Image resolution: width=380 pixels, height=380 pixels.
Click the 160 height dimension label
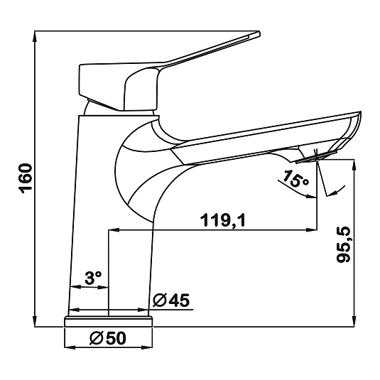click(27, 178)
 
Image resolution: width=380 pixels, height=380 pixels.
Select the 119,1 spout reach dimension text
click(223, 219)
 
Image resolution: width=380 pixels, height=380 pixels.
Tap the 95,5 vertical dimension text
click(344, 245)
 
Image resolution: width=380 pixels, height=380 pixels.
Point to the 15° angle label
click(295, 178)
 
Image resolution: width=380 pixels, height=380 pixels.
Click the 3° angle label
click(93, 278)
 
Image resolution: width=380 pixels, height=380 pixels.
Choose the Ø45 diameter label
click(171, 300)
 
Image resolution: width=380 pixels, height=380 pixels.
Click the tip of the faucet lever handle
click(259, 33)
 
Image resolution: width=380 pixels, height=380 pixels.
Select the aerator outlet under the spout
click(317, 157)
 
